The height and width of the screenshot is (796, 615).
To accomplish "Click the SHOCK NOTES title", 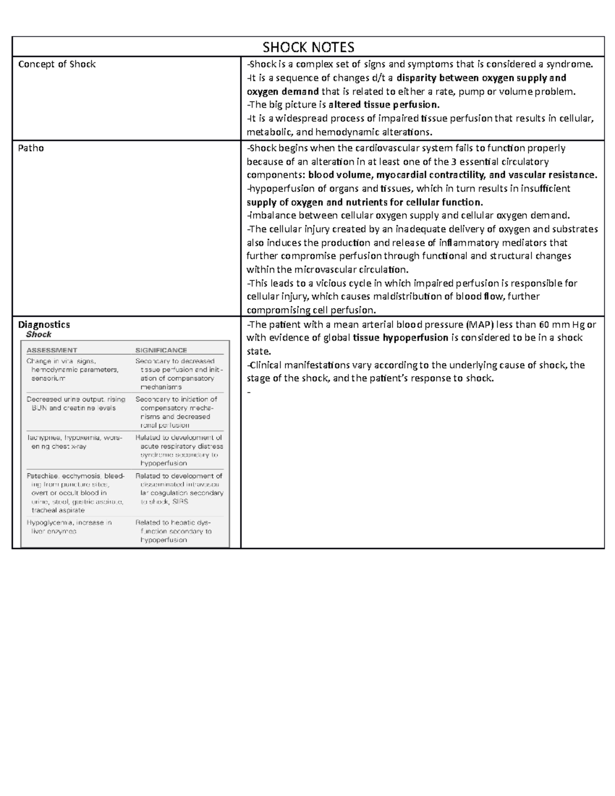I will [x=308, y=47].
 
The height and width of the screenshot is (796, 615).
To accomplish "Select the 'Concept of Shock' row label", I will [x=57, y=64].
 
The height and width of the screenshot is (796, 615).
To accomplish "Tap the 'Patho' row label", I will [x=31, y=148].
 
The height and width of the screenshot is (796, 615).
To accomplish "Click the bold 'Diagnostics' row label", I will [x=44, y=324].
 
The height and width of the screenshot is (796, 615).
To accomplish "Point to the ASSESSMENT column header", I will [x=52, y=350].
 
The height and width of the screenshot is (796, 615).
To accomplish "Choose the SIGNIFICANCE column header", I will [x=161, y=350].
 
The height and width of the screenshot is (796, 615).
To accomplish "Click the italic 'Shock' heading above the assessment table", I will [x=38, y=335].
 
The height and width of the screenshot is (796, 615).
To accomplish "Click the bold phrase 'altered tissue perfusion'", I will [x=383, y=105].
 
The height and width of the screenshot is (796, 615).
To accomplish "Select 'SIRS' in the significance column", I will [x=180, y=502].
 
